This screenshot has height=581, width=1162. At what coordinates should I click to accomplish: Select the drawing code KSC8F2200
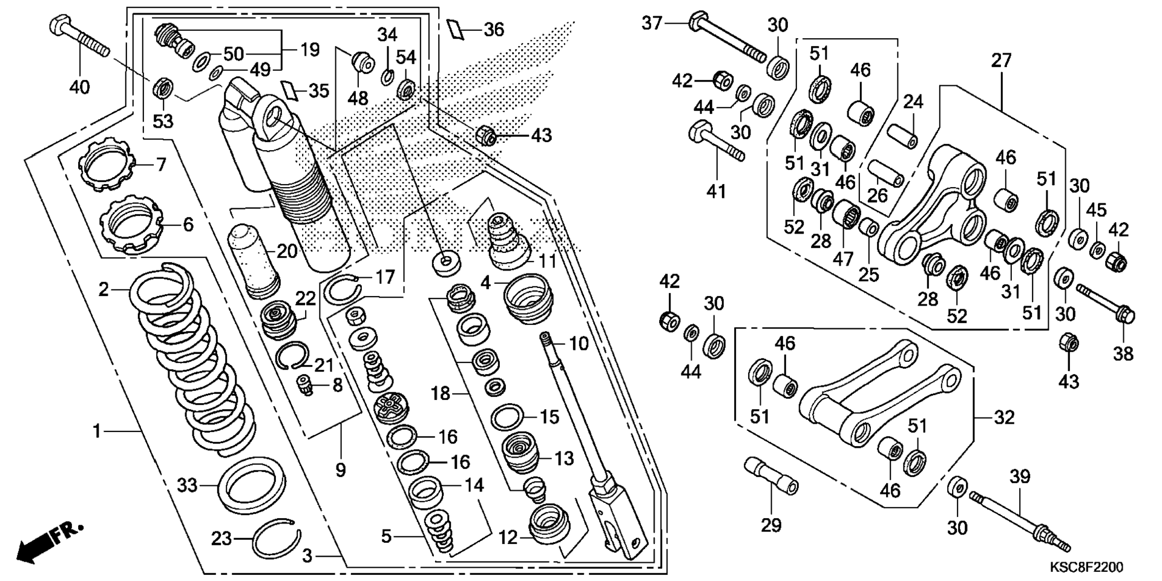point(1086,567)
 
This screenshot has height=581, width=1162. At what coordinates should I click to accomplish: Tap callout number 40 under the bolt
point(79,87)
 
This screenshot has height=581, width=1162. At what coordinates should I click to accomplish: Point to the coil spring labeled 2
point(192,357)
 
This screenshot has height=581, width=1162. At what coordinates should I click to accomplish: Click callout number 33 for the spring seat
point(187,485)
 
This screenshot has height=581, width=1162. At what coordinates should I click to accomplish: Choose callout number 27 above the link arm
point(1002,61)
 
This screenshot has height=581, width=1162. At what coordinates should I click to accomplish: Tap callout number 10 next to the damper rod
point(579,344)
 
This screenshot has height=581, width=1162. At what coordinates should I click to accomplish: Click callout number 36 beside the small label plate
point(494,29)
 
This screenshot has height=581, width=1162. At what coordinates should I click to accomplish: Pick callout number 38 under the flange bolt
point(1123,353)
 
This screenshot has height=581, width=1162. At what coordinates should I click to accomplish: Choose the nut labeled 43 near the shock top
point(487,136)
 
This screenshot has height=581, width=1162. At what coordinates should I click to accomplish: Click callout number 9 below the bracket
point(340,469)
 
